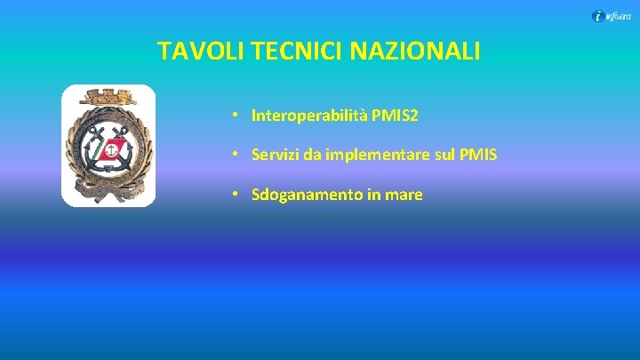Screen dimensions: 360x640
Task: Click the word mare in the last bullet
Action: [x=404, y=195]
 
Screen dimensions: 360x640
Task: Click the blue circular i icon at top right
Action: [x=598, y=15]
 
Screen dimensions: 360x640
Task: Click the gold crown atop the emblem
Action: [x=108, y=96]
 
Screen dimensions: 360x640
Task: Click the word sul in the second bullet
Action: [x=449, y=155]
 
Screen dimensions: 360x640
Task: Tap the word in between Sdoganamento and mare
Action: [x=372, y=195]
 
